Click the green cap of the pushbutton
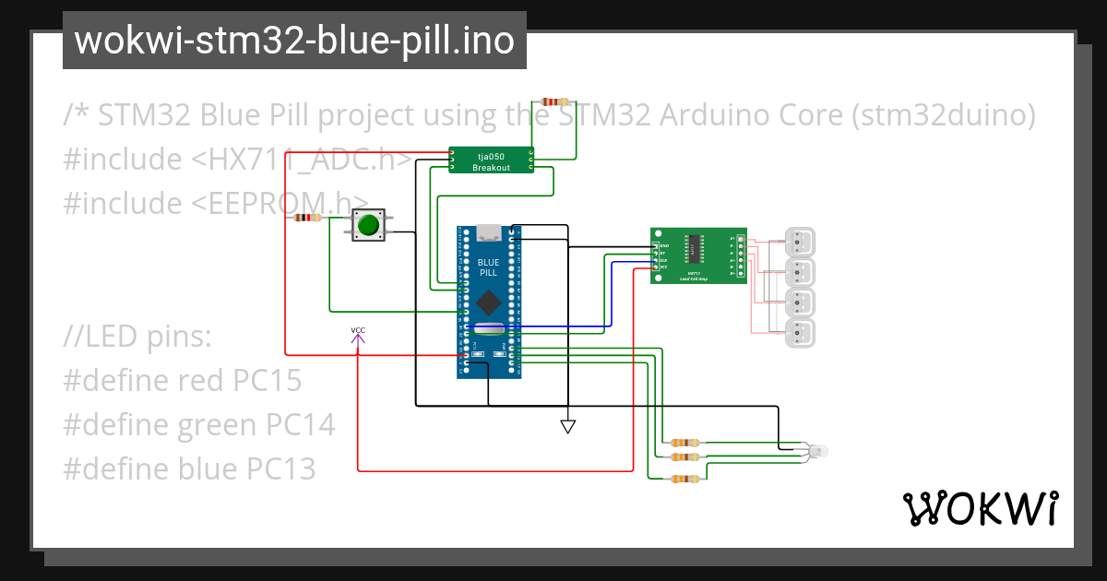[x=369, y=224]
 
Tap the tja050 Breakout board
[x=492, y=160]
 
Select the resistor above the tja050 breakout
[x=556, y=101]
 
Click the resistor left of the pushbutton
[x=308, y=219]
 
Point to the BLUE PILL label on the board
[x=488, y=268]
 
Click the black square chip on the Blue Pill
[x=488, y=301]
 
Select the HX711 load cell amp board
[x=697, y=255]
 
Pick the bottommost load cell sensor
[x=800, y=333]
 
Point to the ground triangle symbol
[x=568, y=426]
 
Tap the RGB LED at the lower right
[x=817, y=450]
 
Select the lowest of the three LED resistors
[x=684, y=478]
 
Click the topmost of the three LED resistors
[x=684, y=444]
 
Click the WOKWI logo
[x=980, y=508]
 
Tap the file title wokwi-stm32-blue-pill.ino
[x=294, y=41]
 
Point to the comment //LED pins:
[x=138, y=337]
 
